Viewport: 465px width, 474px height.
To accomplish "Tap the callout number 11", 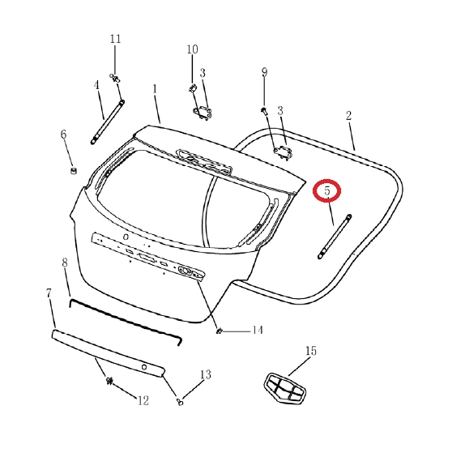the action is coord(115,39).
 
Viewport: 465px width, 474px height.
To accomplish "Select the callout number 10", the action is coord(192,49).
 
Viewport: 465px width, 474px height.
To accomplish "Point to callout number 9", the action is coord(264,72).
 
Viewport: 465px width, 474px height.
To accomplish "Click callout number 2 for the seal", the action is coord(348,116).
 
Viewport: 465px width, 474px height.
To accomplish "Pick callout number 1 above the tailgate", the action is coord(155,89).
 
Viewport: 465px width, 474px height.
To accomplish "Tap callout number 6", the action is coord(63,134).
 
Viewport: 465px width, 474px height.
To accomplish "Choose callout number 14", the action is coord(258,330).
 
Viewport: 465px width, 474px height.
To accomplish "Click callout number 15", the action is coord(311,351).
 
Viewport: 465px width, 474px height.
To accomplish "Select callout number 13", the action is coord(206,374).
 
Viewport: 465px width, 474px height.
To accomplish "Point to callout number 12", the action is coord(143,400).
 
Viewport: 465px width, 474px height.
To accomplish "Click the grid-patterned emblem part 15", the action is coord(284,389).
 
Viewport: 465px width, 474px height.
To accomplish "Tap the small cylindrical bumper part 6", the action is coord(74,170).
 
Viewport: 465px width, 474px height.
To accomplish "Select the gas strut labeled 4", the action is coord(108,122).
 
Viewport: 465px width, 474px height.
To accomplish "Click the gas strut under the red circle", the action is coord(335,237).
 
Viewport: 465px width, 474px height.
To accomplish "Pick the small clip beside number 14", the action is coord(219,331).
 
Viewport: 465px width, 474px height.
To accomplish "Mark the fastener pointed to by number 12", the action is coord(109,381).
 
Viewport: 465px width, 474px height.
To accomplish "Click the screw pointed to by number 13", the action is coord(180,402).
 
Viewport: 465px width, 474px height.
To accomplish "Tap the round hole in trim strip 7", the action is coord(144,367).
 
